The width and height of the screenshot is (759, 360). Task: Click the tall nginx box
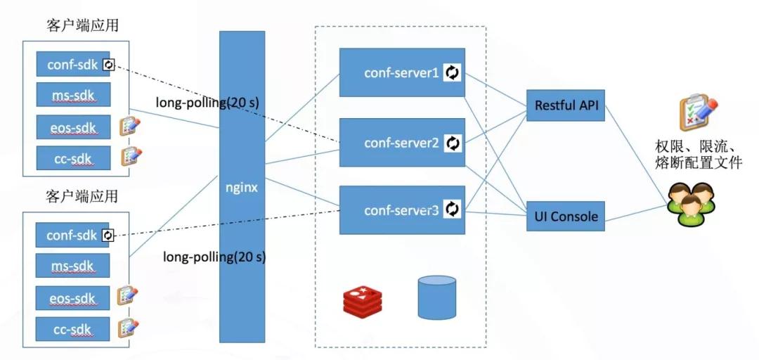[x=242, y=186]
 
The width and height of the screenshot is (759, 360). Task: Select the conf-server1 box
[x=402, y=72]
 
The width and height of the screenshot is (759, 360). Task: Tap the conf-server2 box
[x=402, y=143]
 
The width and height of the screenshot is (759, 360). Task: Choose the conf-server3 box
[x=402, y=210]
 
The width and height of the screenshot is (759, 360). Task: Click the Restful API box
[x=565, y=105]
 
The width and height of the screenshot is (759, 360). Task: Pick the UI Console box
[x=565, y=216]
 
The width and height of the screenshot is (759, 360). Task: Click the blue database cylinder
[x=436, y=297]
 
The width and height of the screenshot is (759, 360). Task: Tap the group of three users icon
[x=692, y=203]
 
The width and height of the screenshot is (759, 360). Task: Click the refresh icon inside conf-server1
[x=452, y=72]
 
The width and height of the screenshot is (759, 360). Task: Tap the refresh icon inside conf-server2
[x=453, y=143]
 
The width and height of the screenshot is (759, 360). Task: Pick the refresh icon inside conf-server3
[x=452, y=209]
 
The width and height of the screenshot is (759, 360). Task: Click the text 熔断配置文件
[x=698, y=163]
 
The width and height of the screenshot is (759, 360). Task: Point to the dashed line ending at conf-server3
[x=227, y=221]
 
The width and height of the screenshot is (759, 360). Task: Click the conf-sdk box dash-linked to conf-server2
[x=72, y=64]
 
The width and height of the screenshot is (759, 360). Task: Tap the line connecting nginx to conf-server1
[x=302, y=108]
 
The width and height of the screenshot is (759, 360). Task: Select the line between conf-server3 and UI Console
[x=495, y=212]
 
